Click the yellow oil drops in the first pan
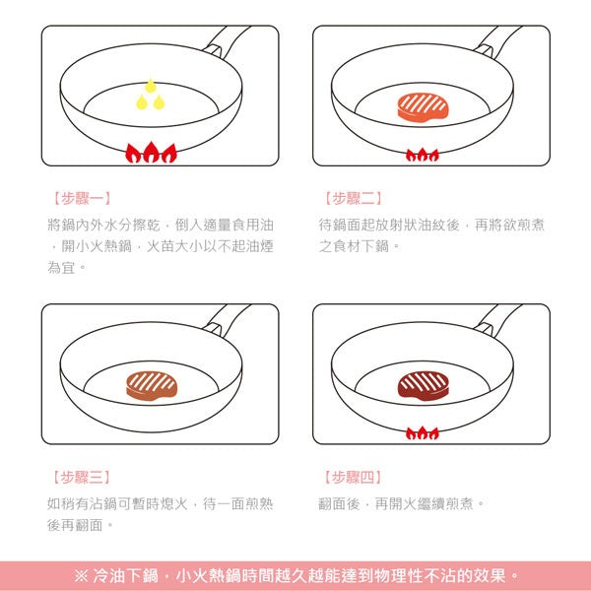150,95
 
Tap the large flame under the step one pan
151,153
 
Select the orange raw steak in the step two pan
422,106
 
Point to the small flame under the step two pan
423,155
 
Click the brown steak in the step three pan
151,385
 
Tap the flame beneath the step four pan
423,432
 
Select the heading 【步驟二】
352,198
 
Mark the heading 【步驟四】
352,478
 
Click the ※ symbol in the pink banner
81,576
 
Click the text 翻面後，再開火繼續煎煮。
402,503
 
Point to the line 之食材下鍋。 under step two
360,246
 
